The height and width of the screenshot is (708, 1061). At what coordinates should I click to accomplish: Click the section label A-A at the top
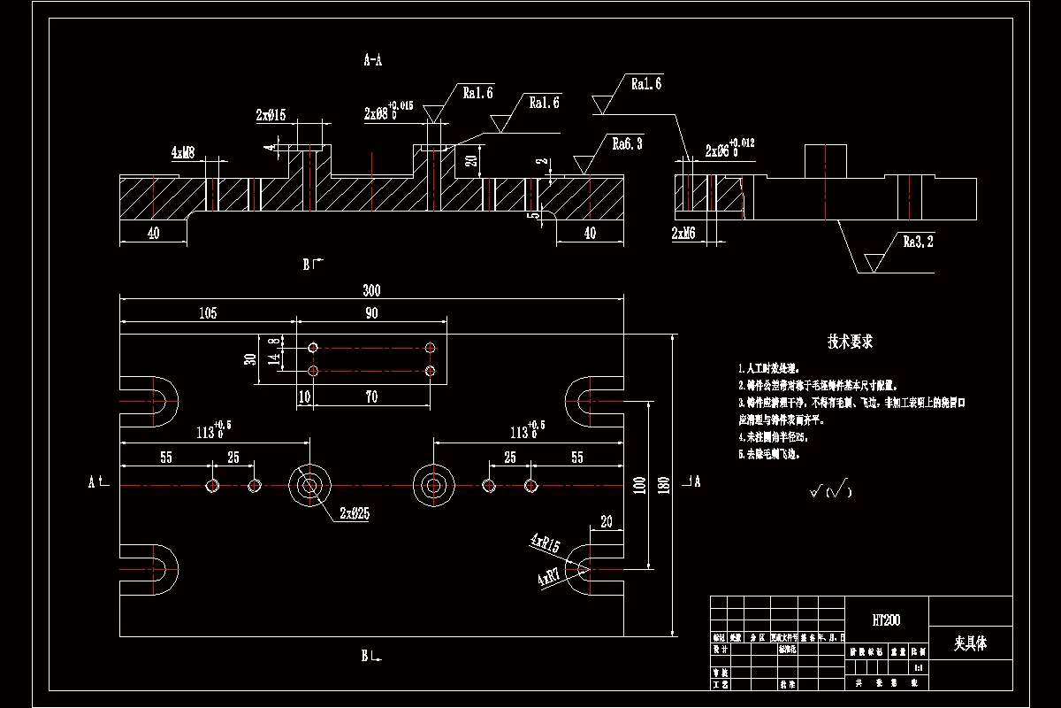click(372, 60)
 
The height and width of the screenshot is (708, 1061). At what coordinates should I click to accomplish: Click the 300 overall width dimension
click(370, 290)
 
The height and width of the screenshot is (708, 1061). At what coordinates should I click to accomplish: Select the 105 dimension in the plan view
click(208, 313)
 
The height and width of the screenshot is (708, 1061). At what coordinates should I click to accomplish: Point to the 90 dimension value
click(371, 313)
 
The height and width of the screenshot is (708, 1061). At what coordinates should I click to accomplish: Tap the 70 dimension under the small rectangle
click(371, 397)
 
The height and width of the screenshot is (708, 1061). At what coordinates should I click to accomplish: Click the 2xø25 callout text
click(354, 513)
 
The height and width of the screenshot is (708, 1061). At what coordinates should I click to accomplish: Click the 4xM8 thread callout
click(184, 152)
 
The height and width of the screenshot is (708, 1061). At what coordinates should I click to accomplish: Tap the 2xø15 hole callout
click(271, 115)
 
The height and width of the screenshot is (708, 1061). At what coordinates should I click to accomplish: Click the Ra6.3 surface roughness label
click(627, 143)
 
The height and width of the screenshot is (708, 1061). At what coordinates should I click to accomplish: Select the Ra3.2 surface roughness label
click(918, 241)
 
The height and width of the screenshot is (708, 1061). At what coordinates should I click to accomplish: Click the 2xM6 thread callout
click(683, 233)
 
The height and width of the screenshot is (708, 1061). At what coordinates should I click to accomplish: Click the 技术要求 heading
click(850, 342)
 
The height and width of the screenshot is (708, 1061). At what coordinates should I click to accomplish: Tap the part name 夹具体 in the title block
click(970, 643)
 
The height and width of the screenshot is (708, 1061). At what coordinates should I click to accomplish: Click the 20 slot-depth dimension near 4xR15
click(607, 521)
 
